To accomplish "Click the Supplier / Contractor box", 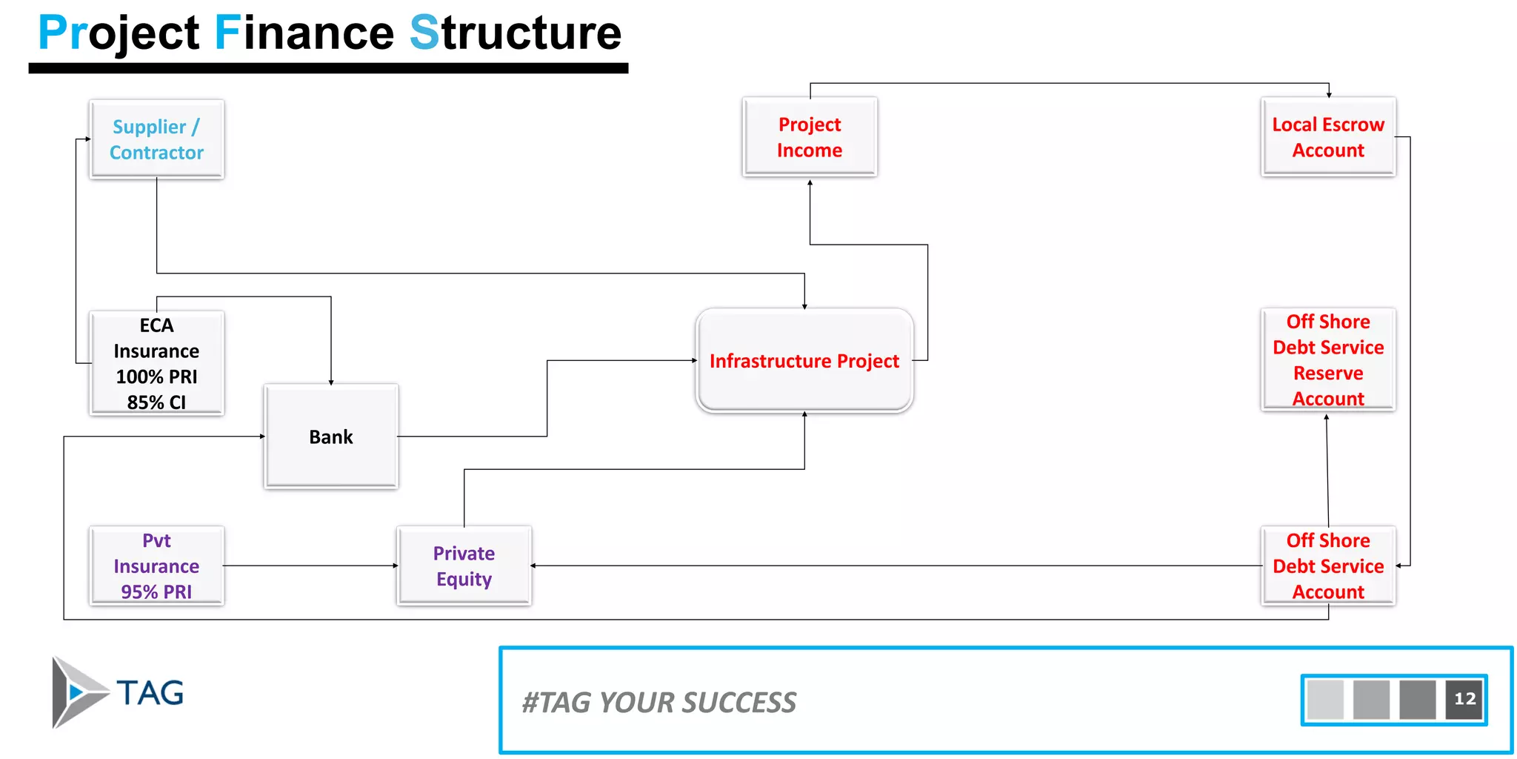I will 156,139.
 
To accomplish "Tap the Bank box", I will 331,437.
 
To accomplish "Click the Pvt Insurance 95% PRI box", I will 156,566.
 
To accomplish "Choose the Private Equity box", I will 464,566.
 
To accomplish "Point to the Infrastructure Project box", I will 804,361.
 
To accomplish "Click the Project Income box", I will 810,137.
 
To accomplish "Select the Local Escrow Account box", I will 1328,137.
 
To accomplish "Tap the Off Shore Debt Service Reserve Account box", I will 1328,359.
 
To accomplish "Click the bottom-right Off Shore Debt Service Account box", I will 1328,566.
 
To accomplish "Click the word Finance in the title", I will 304,33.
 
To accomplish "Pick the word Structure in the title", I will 515,33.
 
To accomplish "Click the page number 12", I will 1464,699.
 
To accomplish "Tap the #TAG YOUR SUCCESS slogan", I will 659,702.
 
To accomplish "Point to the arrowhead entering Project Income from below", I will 810,182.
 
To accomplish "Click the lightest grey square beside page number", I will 1325,699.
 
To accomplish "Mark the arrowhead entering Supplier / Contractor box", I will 87,139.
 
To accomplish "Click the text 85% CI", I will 156,402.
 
